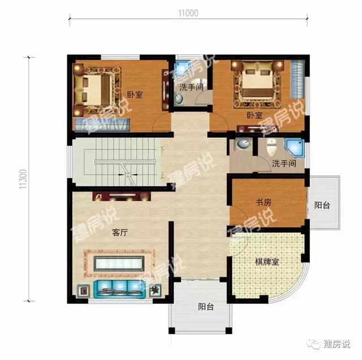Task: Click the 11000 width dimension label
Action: (188, 13)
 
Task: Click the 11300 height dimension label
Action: (23, 179)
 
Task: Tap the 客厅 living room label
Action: (119, 232)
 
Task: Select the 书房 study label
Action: (263, 202)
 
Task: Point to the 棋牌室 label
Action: (266, 262)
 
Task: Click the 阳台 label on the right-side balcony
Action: (322, 205)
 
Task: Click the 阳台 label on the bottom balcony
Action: (206, 307)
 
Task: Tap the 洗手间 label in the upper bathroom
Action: (191, 87)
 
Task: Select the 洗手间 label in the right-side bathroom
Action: (284, 163)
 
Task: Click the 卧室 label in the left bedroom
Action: (135, 94)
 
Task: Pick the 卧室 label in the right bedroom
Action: (255, 115)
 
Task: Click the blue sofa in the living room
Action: (119, 288)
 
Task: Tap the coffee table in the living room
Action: (119, 263)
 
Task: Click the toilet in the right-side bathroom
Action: (271, 147)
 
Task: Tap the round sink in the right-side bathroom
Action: (243, 144)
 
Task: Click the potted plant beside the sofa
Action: (155, 290)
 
